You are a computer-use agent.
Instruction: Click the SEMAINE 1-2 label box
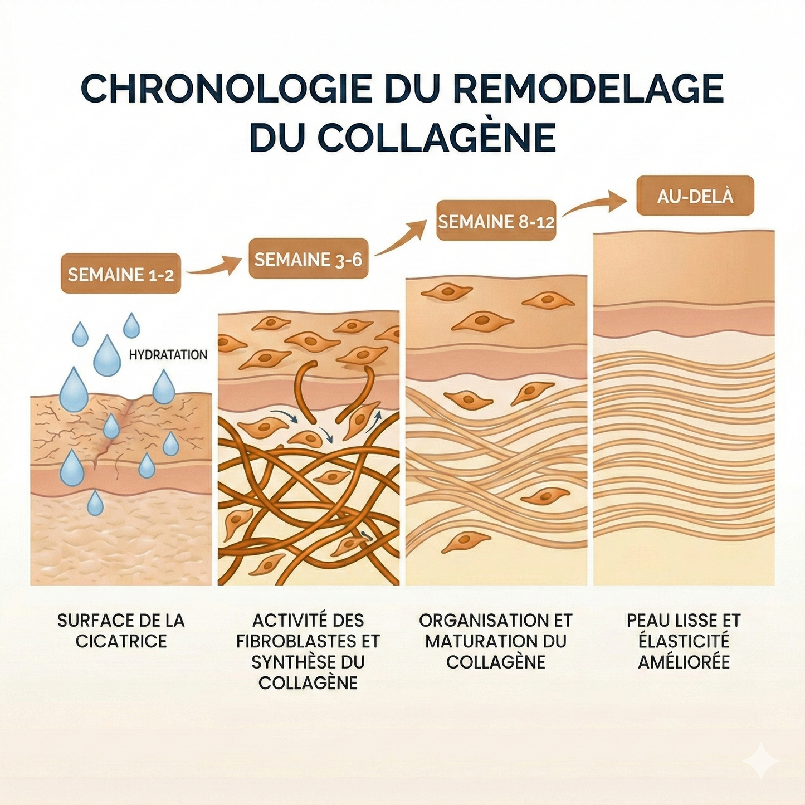(x=121, y=273)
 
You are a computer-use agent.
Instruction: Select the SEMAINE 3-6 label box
(x=309, y=258)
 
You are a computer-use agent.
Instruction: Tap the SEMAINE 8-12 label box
(x=496, y=220)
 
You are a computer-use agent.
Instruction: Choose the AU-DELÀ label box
(x=695, y=196)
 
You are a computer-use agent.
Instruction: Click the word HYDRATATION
(x=168, y=355)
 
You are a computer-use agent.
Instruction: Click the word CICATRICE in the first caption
(x=121, y=641)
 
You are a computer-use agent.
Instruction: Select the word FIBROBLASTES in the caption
(x=293, y=641)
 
